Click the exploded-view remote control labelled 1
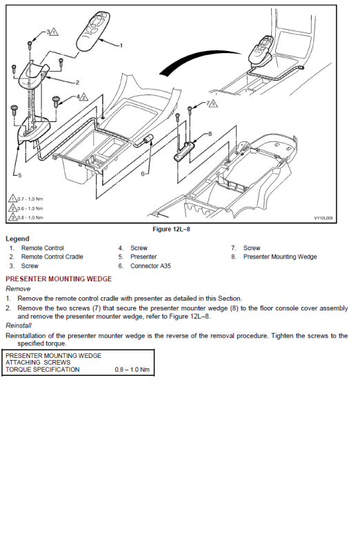93,31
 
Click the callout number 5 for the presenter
20,174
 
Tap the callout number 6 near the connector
143,174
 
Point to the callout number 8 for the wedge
210,134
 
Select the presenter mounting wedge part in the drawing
185,151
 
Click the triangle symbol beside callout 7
214,104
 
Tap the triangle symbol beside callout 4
83,97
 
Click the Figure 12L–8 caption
171,229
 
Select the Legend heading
17,239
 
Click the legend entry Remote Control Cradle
52,257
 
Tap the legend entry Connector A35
150,266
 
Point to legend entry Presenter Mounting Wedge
280,257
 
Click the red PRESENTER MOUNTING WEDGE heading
59,279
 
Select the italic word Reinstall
19,325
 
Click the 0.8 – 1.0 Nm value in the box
132,370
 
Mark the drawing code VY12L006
323,218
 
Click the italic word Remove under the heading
18,289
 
